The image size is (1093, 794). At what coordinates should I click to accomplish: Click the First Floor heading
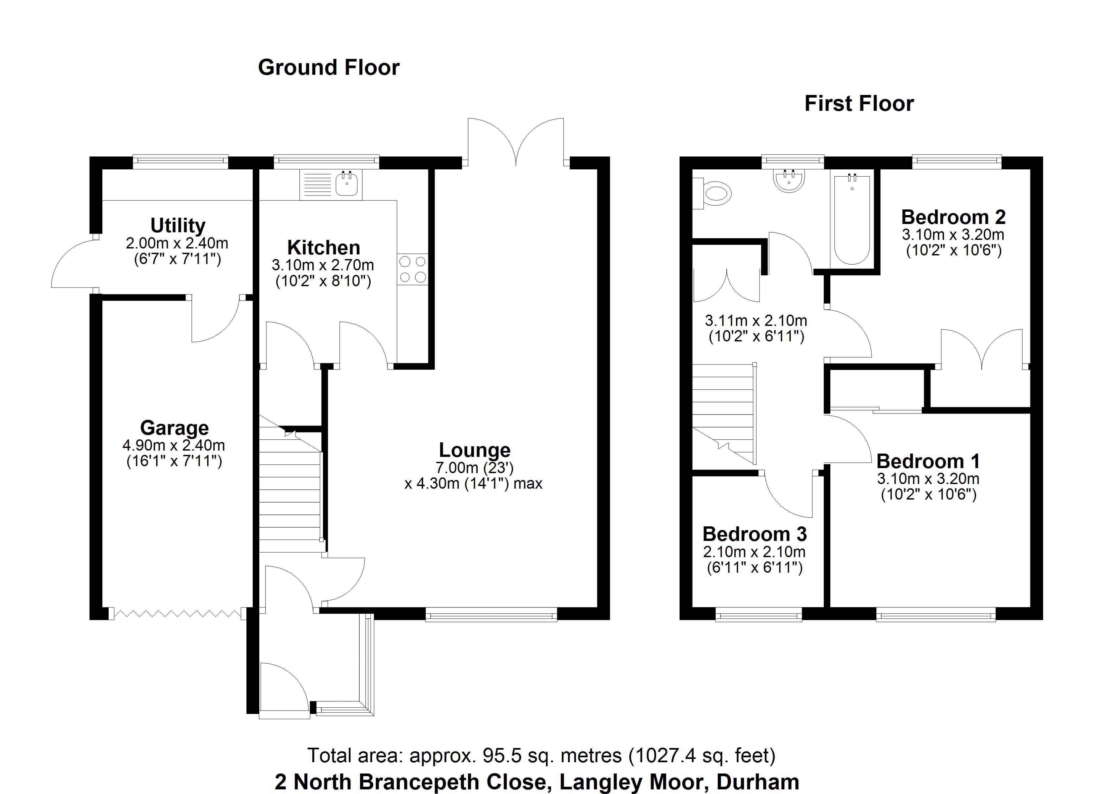coord(859,104)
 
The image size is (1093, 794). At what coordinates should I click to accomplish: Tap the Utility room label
coord(178,225)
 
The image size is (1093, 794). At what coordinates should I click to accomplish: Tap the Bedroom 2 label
coord(953,217)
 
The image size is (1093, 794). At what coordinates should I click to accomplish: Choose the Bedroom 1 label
coord(928,461)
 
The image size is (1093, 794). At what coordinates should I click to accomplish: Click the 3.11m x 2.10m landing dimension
coord(755,320)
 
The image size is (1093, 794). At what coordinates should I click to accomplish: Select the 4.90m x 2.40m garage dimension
coord(174,445)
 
